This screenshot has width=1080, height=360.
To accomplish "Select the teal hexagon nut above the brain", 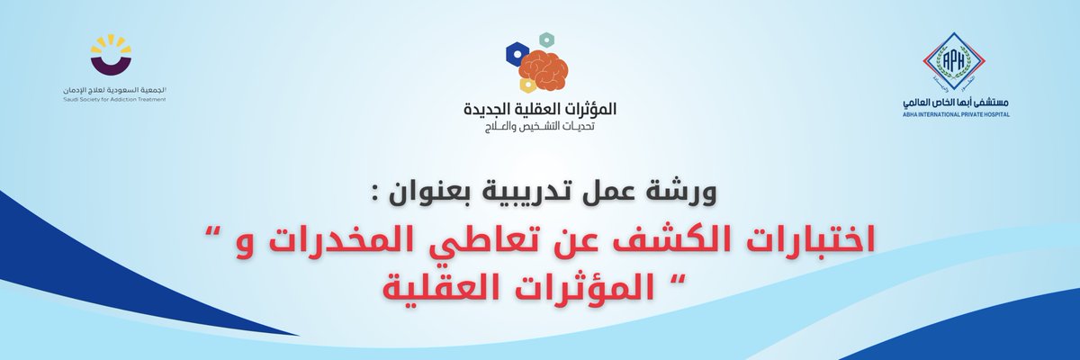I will click(545, 40).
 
